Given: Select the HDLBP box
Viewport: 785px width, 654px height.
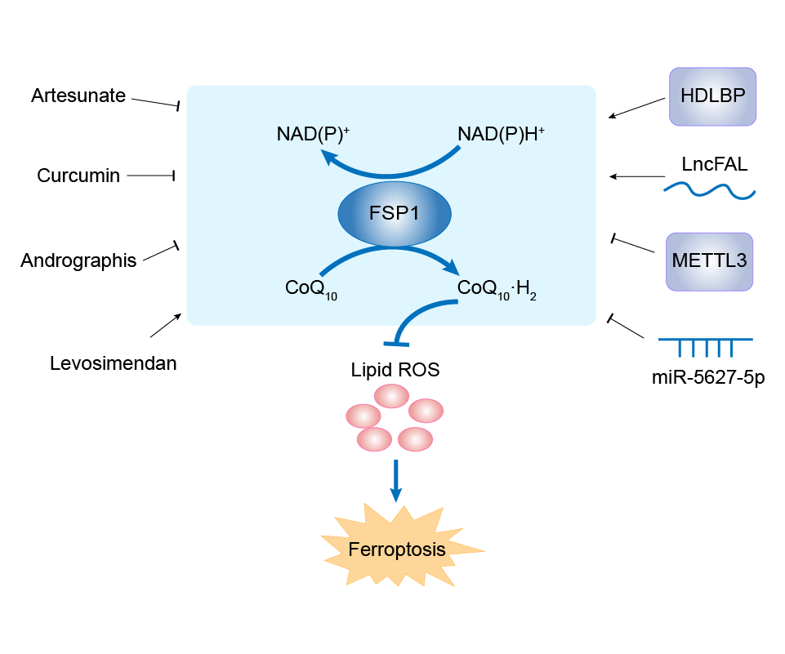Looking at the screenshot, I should coord(711,96).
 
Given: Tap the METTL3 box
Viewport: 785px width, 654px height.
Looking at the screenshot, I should coord(709,261).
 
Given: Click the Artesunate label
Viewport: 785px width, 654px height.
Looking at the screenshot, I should coord(78,96).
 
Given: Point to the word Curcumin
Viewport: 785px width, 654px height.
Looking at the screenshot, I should coord(78,176).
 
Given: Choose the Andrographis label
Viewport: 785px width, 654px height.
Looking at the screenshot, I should coord(78,261).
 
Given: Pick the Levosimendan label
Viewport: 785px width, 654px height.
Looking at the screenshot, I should coord(114,364).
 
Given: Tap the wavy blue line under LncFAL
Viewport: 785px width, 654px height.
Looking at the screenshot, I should coord(709,191).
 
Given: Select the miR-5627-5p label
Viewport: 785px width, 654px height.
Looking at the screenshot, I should coord(708,379).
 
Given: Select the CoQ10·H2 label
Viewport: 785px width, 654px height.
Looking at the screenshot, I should coord(497,289).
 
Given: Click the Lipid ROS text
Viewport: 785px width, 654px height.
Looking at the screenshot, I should coord(395,370).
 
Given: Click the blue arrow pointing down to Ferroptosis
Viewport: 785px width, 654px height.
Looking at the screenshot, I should coord(396,480).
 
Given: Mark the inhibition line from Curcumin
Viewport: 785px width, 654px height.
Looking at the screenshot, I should coord(149,176).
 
